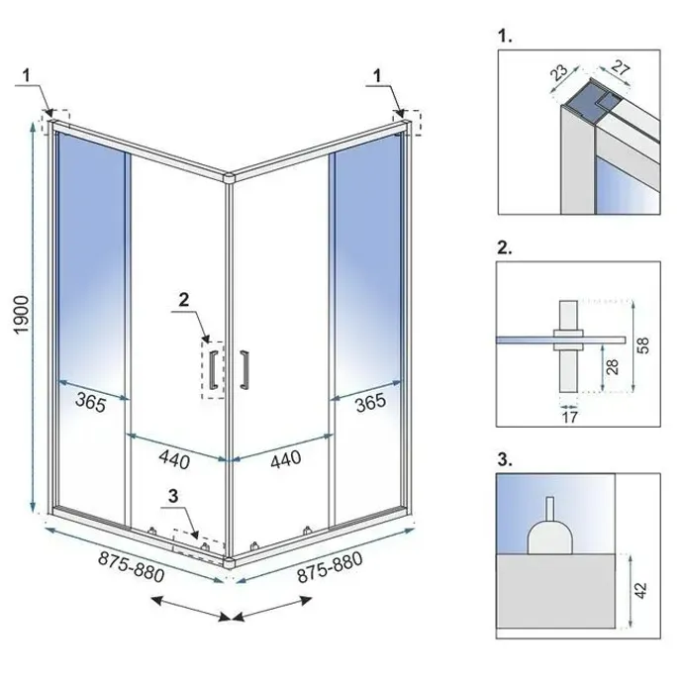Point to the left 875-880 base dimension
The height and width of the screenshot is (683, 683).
131,565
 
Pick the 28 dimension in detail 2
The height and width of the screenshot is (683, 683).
613,368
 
